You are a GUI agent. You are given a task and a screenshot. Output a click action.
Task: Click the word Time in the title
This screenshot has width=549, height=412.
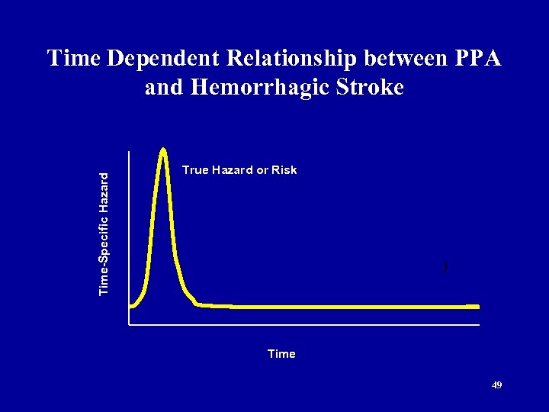(73, 59)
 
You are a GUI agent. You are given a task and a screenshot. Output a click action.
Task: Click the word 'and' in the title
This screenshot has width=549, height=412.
(162, 88)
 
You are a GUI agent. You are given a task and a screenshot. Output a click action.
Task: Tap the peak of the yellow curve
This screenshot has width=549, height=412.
(164, 150)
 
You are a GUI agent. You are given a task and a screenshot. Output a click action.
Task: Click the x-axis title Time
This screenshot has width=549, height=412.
(281, 354)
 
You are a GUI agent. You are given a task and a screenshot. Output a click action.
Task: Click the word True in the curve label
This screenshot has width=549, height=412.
(196, 170)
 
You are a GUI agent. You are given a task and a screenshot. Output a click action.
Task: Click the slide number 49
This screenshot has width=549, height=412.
(496, 385)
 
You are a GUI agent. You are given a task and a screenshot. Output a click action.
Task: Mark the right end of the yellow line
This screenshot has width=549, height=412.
(477, 307)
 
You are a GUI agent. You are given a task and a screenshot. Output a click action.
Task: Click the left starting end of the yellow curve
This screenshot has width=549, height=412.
(132, 306)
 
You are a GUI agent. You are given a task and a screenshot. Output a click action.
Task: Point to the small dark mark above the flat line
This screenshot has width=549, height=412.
(444, 267)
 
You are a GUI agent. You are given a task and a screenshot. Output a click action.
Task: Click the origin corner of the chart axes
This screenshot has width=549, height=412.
(130, 325)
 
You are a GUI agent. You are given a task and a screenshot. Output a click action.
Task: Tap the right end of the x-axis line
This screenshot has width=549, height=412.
(480, 325)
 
